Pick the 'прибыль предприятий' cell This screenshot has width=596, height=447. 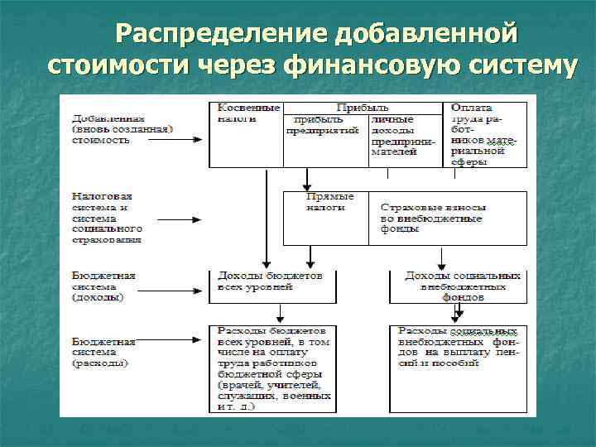tap(323, 124)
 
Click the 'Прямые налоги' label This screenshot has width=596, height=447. tap(330, 202)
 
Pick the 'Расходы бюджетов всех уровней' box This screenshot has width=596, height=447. tap(272, 368)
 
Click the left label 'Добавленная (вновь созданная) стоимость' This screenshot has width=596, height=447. tap(121, 129)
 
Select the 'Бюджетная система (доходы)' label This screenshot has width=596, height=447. tap(104, 286)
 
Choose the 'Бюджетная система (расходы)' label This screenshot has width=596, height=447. tap(104, 352)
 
